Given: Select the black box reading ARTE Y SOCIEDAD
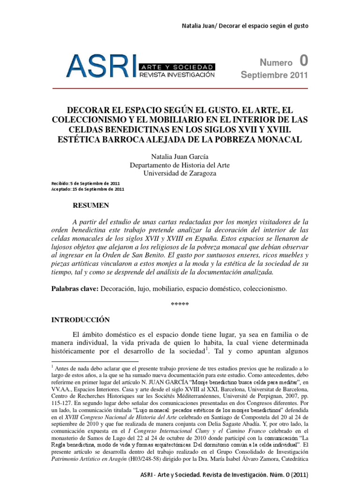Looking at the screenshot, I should [176, 67].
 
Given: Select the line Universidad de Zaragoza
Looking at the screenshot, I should [180, 173].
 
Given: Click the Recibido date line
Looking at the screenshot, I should [85, 183].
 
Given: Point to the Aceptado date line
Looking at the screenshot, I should [87, 189].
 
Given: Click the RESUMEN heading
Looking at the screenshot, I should [91, 205].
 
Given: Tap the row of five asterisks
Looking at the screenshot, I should [180, 305].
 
